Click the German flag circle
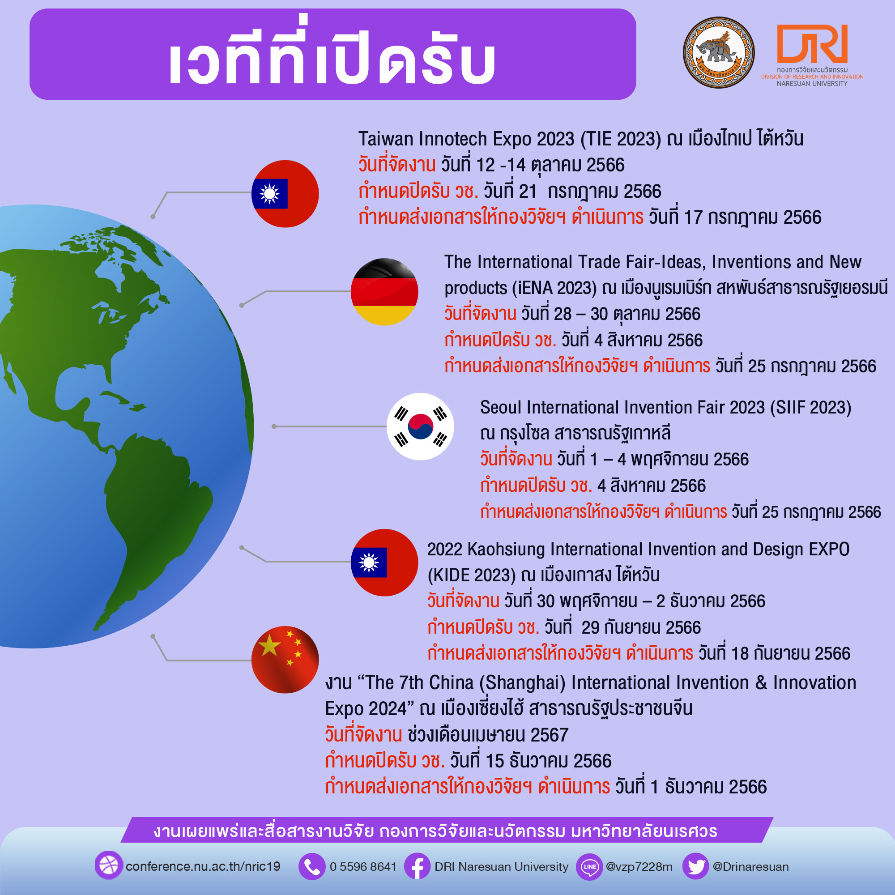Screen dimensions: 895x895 [384, 292]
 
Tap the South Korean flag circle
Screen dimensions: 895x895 [420, 426]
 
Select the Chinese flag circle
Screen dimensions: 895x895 [285, 660]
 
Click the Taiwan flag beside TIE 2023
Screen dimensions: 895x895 [285, 194]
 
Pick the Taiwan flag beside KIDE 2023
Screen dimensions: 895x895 [384, 563]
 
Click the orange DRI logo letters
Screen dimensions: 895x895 [812, 43]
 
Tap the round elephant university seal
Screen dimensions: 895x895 [719, 52]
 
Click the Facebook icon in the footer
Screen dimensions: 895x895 [418, 866]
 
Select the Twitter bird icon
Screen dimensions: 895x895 [695, 866]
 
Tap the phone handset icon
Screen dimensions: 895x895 [312, 866]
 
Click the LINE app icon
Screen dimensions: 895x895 [589, 866]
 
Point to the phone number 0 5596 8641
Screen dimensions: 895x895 [363, 867]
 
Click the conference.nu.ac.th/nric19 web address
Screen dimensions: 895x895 [203, 867]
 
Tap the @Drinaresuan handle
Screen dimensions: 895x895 [750, 867]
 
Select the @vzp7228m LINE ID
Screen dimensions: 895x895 [639, 867]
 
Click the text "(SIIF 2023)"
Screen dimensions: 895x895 [811, 408]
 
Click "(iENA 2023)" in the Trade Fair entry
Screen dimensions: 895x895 [554, 288]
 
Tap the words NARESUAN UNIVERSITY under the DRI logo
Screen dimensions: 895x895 [812, 84]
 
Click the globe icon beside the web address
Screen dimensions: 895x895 [109, 865]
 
